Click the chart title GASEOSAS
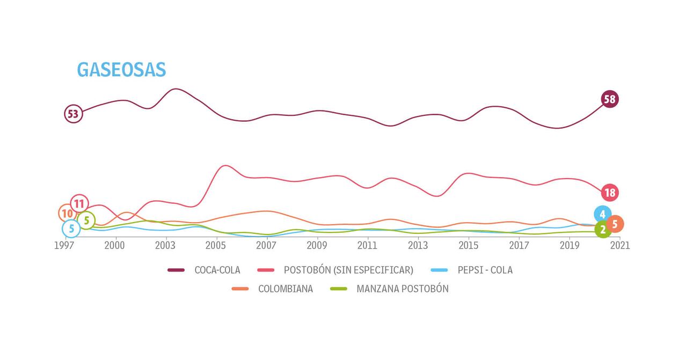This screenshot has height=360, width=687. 121,70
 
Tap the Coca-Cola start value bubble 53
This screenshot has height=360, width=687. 73,114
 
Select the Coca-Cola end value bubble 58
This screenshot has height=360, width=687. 609,99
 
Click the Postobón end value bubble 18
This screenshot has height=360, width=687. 609,193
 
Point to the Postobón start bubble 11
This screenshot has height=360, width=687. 79,204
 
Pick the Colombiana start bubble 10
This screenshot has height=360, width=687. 67,214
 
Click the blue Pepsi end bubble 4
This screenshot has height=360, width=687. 603,214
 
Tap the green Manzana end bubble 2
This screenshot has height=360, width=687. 603,230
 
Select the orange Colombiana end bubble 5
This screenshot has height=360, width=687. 615,224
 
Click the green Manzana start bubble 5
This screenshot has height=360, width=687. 86,220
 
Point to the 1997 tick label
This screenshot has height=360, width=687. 64,245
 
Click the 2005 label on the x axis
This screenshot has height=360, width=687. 216,245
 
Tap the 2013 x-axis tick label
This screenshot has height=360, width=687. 418,245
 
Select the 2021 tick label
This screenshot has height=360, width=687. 620,245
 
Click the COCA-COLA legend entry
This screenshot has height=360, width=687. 217,270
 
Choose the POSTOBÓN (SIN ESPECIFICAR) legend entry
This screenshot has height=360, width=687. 348,270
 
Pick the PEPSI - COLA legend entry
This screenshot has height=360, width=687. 485,270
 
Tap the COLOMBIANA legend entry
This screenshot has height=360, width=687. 285,289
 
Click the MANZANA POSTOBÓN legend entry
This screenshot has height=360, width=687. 402,289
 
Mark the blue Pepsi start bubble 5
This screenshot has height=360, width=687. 71,229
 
